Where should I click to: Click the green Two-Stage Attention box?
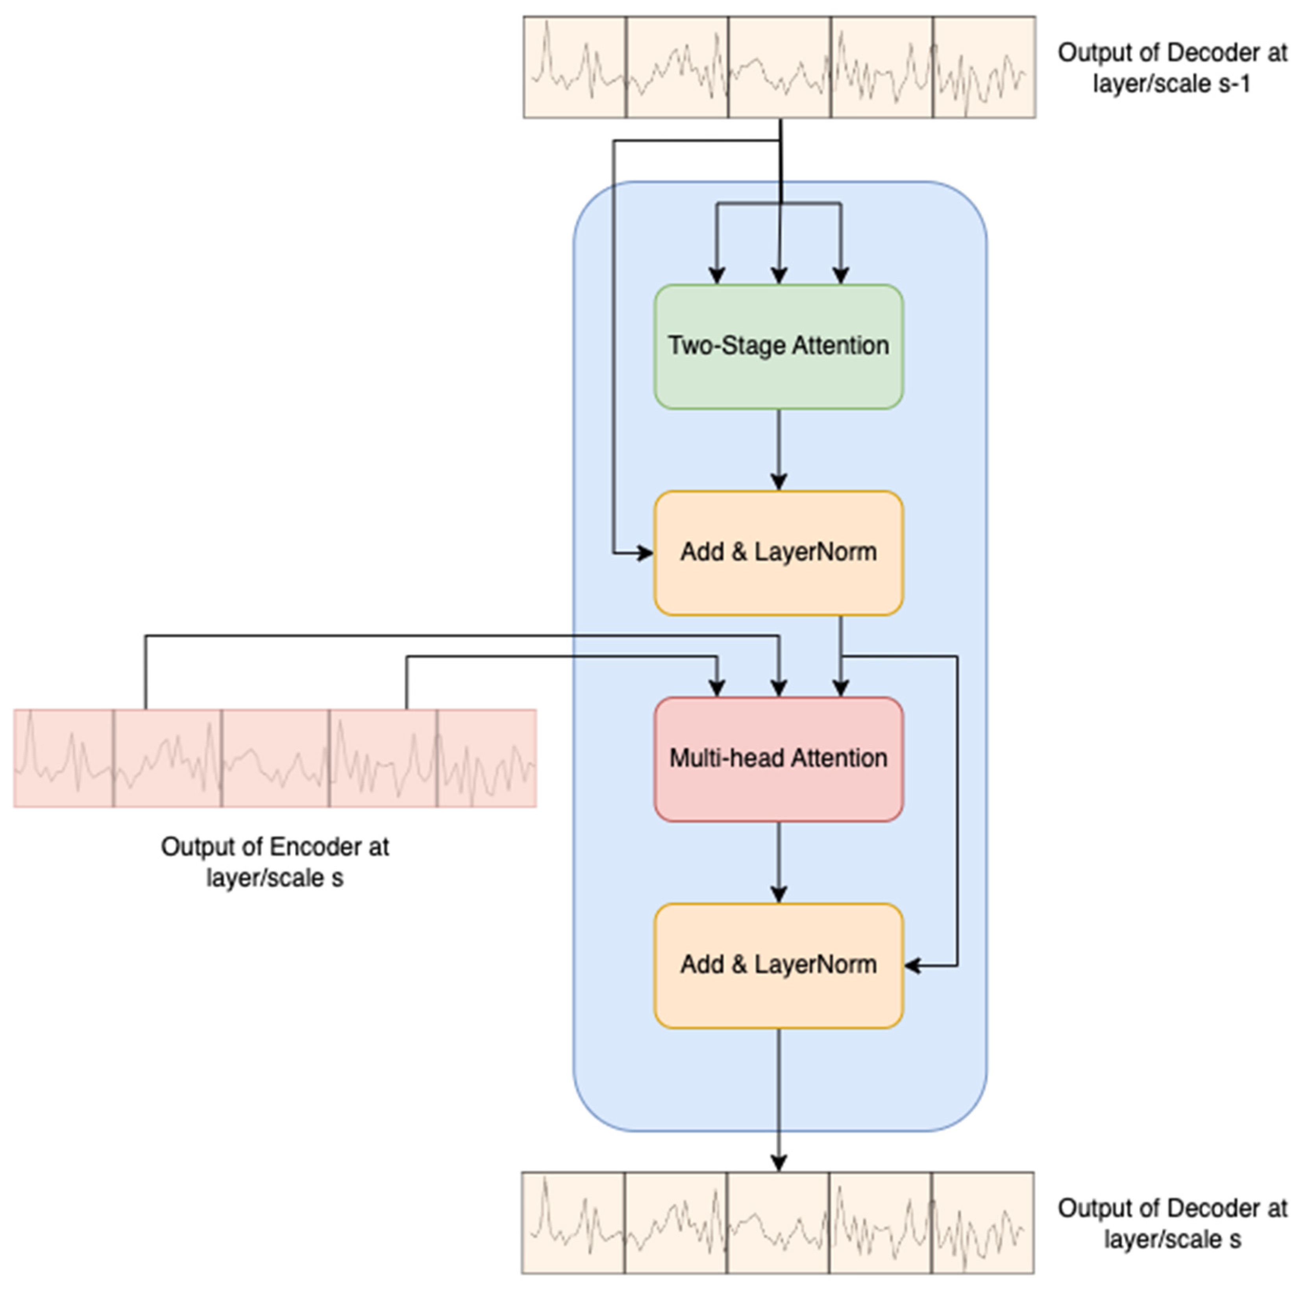[778, 346]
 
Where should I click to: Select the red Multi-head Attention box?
[778, 759]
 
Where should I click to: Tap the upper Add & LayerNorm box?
[778, 553]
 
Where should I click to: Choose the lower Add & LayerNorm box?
[778, 965]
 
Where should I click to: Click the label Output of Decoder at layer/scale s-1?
[1172, 68]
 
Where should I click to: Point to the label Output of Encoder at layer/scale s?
[275, 862]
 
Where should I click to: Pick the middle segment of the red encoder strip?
[275, 758]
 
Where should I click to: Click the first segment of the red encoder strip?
[64, 758]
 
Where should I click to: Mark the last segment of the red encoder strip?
[487, 758]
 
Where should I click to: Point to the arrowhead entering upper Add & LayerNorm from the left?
[646, 553]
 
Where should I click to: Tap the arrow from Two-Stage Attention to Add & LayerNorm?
[778, 449]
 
